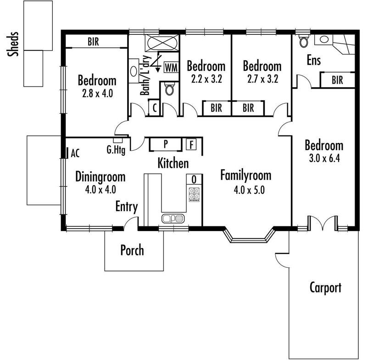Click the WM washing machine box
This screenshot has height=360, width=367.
point(171,67)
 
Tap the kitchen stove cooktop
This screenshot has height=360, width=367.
point(194,194)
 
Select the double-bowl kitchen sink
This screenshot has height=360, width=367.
point(173,219)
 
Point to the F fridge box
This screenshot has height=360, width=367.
point(191,144)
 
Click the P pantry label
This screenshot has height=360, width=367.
point(166,144)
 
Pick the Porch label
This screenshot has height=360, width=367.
point(132,250)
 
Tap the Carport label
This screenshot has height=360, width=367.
point(325,288)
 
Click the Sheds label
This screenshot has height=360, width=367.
point(13,44)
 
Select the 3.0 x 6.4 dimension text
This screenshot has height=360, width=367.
point(324,158)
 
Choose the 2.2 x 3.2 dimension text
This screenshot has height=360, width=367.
point(206,79)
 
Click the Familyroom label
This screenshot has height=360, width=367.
point(246,175)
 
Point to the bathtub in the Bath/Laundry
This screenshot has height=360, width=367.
point(162,43)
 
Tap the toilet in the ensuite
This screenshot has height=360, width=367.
point(304,41)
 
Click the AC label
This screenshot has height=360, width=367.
point(75,153)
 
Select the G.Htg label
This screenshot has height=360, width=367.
point(116,150)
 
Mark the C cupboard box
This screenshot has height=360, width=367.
point(154,108)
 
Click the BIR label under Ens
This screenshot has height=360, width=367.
point(337,80)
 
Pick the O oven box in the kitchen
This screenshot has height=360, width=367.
point(194,180)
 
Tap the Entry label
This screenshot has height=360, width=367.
point(127,207)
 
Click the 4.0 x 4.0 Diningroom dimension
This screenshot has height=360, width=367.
point(100,190)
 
